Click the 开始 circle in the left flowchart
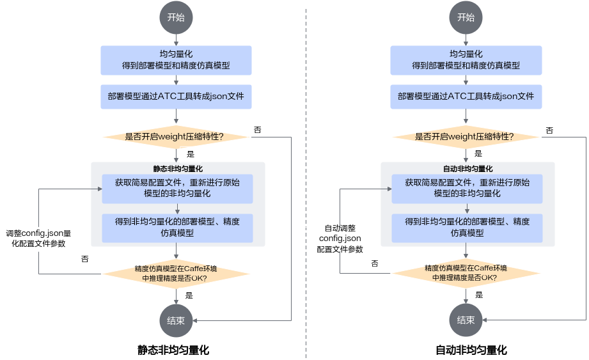(176, 18)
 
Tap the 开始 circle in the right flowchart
(466, 18)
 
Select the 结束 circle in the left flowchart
(176, 321)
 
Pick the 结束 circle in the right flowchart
(466, 321)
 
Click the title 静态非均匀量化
(177, 169)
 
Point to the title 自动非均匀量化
(467, 169)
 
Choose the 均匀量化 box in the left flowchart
(176, 60)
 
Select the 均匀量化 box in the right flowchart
(466, 60)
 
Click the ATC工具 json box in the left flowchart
(176, 97)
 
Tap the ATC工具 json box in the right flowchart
(466, 97)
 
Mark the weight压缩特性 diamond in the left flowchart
(176, 136)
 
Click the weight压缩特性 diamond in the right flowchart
(466, 136)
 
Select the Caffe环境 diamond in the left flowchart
(176, 273)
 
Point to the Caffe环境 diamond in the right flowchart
(466, 273)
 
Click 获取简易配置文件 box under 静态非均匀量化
(177, 188)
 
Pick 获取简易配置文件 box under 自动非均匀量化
(467, 188)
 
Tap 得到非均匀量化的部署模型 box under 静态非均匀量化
(177, 227)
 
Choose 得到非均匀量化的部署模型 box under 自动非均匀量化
(467, 227)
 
